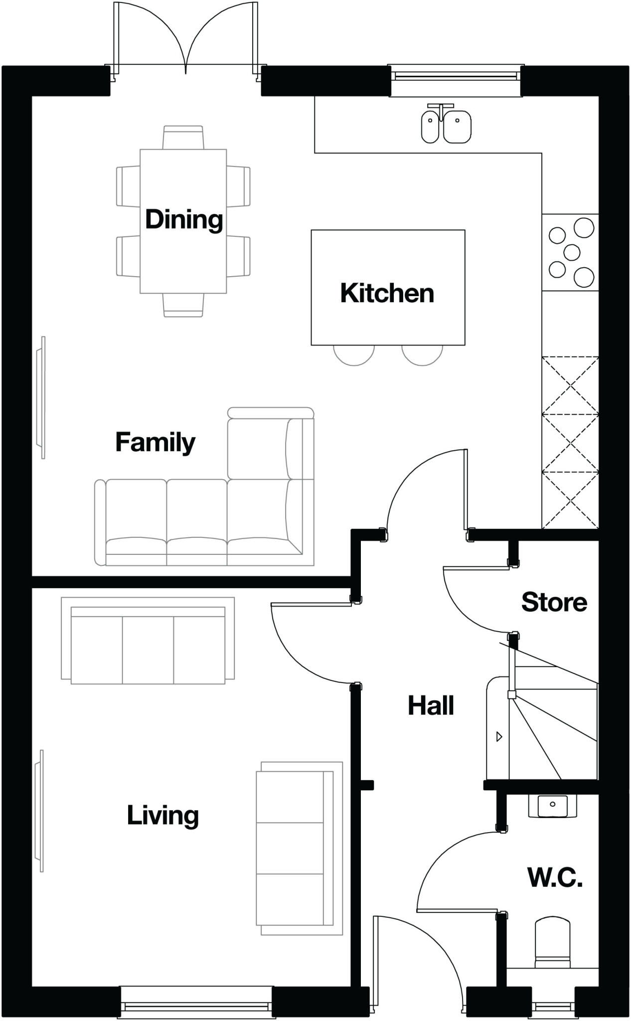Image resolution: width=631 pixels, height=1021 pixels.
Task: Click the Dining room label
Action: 184,220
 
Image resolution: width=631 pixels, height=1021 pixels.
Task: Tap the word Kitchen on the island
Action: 387,293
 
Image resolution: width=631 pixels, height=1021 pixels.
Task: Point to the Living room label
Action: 162,816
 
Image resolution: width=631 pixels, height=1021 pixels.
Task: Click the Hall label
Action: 431,705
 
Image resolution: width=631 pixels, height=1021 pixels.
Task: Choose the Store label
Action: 554,602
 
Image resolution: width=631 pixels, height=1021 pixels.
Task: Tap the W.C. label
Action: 555,877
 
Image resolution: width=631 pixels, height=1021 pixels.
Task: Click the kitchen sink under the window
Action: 446,126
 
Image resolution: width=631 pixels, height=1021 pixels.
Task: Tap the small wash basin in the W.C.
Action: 552,806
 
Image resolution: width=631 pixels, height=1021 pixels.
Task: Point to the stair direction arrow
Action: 499,736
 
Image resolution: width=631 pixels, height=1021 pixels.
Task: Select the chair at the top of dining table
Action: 183,137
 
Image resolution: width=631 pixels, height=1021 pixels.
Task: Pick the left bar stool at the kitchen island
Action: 353,355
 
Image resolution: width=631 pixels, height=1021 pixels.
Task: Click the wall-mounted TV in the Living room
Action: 39,811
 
